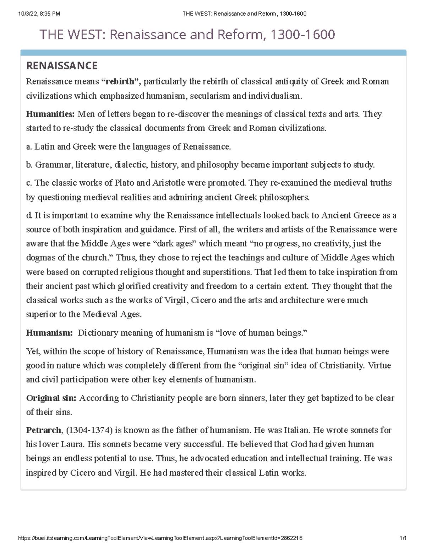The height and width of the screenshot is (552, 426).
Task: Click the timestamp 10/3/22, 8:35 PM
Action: pos(39,14)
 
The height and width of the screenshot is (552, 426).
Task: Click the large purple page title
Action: pos(187,35)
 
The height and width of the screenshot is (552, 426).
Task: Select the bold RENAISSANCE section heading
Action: pos(62,66)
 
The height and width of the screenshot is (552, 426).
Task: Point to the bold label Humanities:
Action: pos(50,114)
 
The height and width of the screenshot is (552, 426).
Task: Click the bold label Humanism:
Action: pos(49,333)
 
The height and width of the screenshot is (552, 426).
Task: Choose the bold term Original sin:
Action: pos(51,398)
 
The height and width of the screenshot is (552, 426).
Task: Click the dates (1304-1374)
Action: pos(89,430)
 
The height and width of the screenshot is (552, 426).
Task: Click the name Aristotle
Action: pos(169,183)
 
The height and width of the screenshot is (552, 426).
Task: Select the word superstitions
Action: pos(227,272)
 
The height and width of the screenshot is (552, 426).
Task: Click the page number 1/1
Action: pos(403,538)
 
